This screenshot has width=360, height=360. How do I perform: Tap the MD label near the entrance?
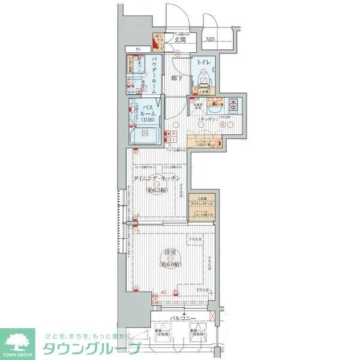[210, 40]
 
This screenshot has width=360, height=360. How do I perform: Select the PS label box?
[137, 50]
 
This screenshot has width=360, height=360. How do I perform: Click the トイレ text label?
[202, 62]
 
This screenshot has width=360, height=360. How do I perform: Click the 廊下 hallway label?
[176, 77]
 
